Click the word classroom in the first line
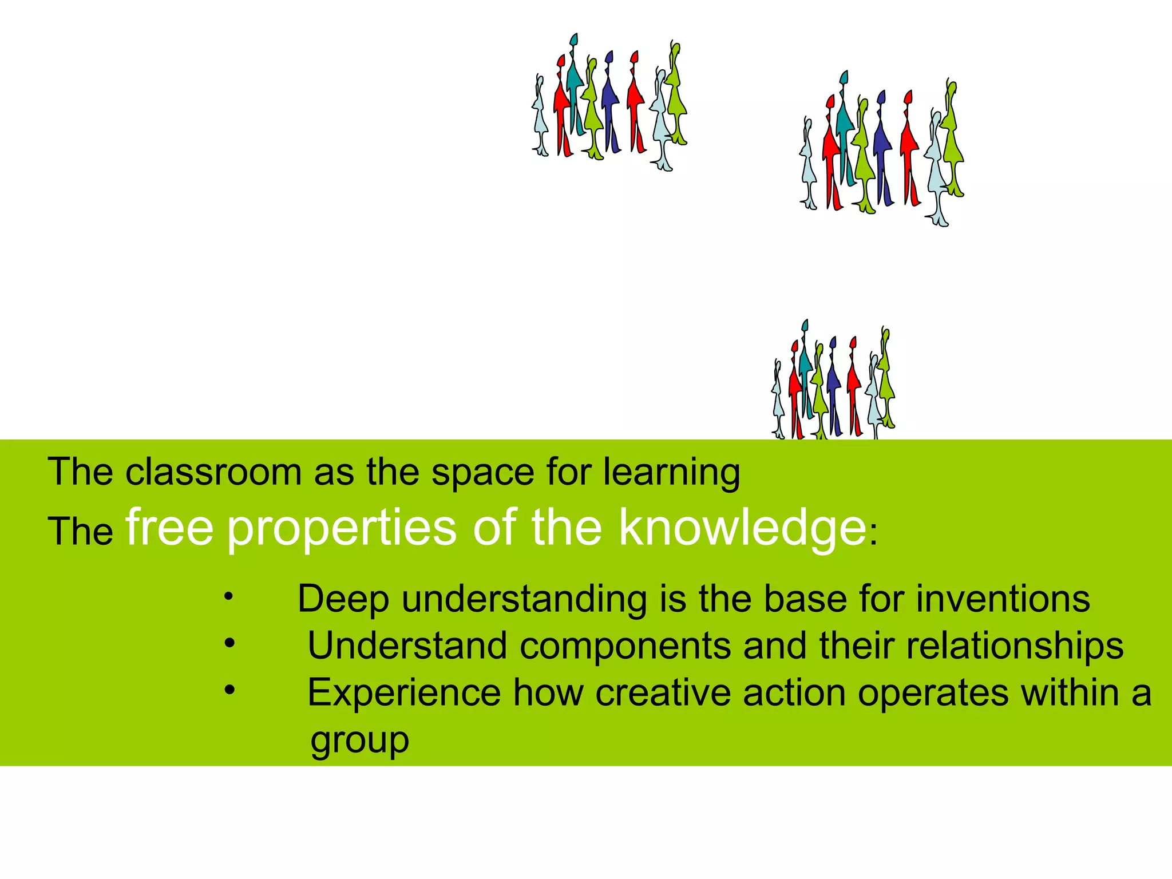[x=213, y=472]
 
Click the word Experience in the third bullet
[x=404, y=693]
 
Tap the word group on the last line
[x=359, y=740]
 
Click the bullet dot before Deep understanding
[x=228, y=597]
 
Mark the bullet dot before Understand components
[x=229, y=643]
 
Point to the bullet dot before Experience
[x=229, y=691]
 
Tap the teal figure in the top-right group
[x=844, y=126]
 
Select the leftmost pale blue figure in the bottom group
[x=778, y=401]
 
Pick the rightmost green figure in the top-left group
[x=677, y=94]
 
